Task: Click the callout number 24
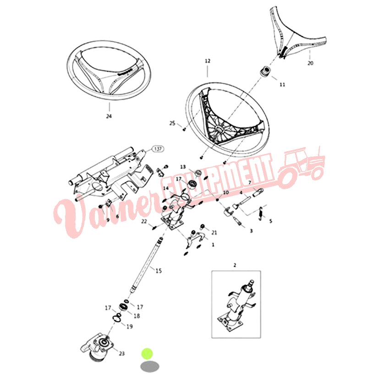pyautogui.click(x=109, y=116)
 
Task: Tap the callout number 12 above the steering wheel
pyautogui.click(x=208, y=61)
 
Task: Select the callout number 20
pyautogui.click(x=311, y=63)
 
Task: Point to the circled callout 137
pyautogui.click(x=158, y=149)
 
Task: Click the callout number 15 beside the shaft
pyautogui.click(x=159, y=271)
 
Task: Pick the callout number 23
pyautogui.click(x=122, y=353)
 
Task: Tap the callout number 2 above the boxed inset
pyautogui.click(x=235, y=265)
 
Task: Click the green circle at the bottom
pyautogui.click(x=147, y=354)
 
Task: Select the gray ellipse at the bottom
pyautogui.click(x=150, y=367)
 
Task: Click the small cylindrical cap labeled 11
pyautogui.click(x=265, y=71)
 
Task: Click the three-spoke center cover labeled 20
pyautogui.click(x=296, y=34)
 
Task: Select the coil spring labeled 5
pyautogui.click(x=261, y=214)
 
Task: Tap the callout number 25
pyautogui.click(x=172, y=123)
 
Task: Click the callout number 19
pyautogui.click(x=130, y=326)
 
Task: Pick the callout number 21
pyautogui.click(x=214, y=233)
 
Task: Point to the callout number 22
pyautogui.click(x=144, y=221)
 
